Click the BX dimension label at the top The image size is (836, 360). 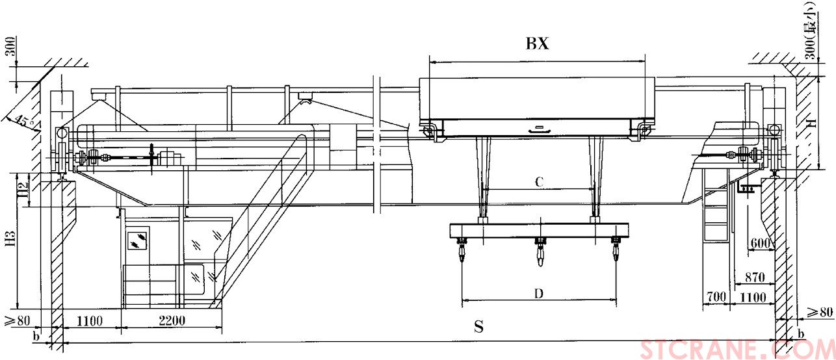[x=538, y=44]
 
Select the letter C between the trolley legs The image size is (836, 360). [x=539, y=183]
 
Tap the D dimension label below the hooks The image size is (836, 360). [x=538, y=294]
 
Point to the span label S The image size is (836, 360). [x=478, y=327]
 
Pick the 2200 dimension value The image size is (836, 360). [x=171, y=320]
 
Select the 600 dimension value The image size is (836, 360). [x=759, y=244]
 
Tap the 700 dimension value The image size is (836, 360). [x=715, y=297]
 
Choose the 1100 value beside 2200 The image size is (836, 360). [x=91, y=320]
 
